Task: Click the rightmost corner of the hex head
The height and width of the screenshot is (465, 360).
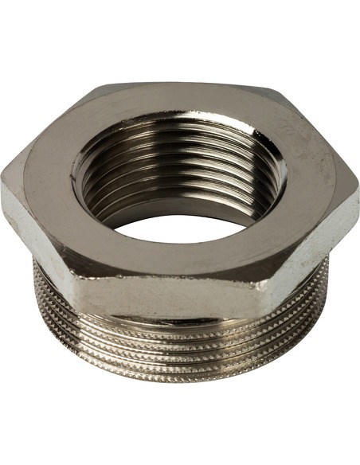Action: [356, 185]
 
